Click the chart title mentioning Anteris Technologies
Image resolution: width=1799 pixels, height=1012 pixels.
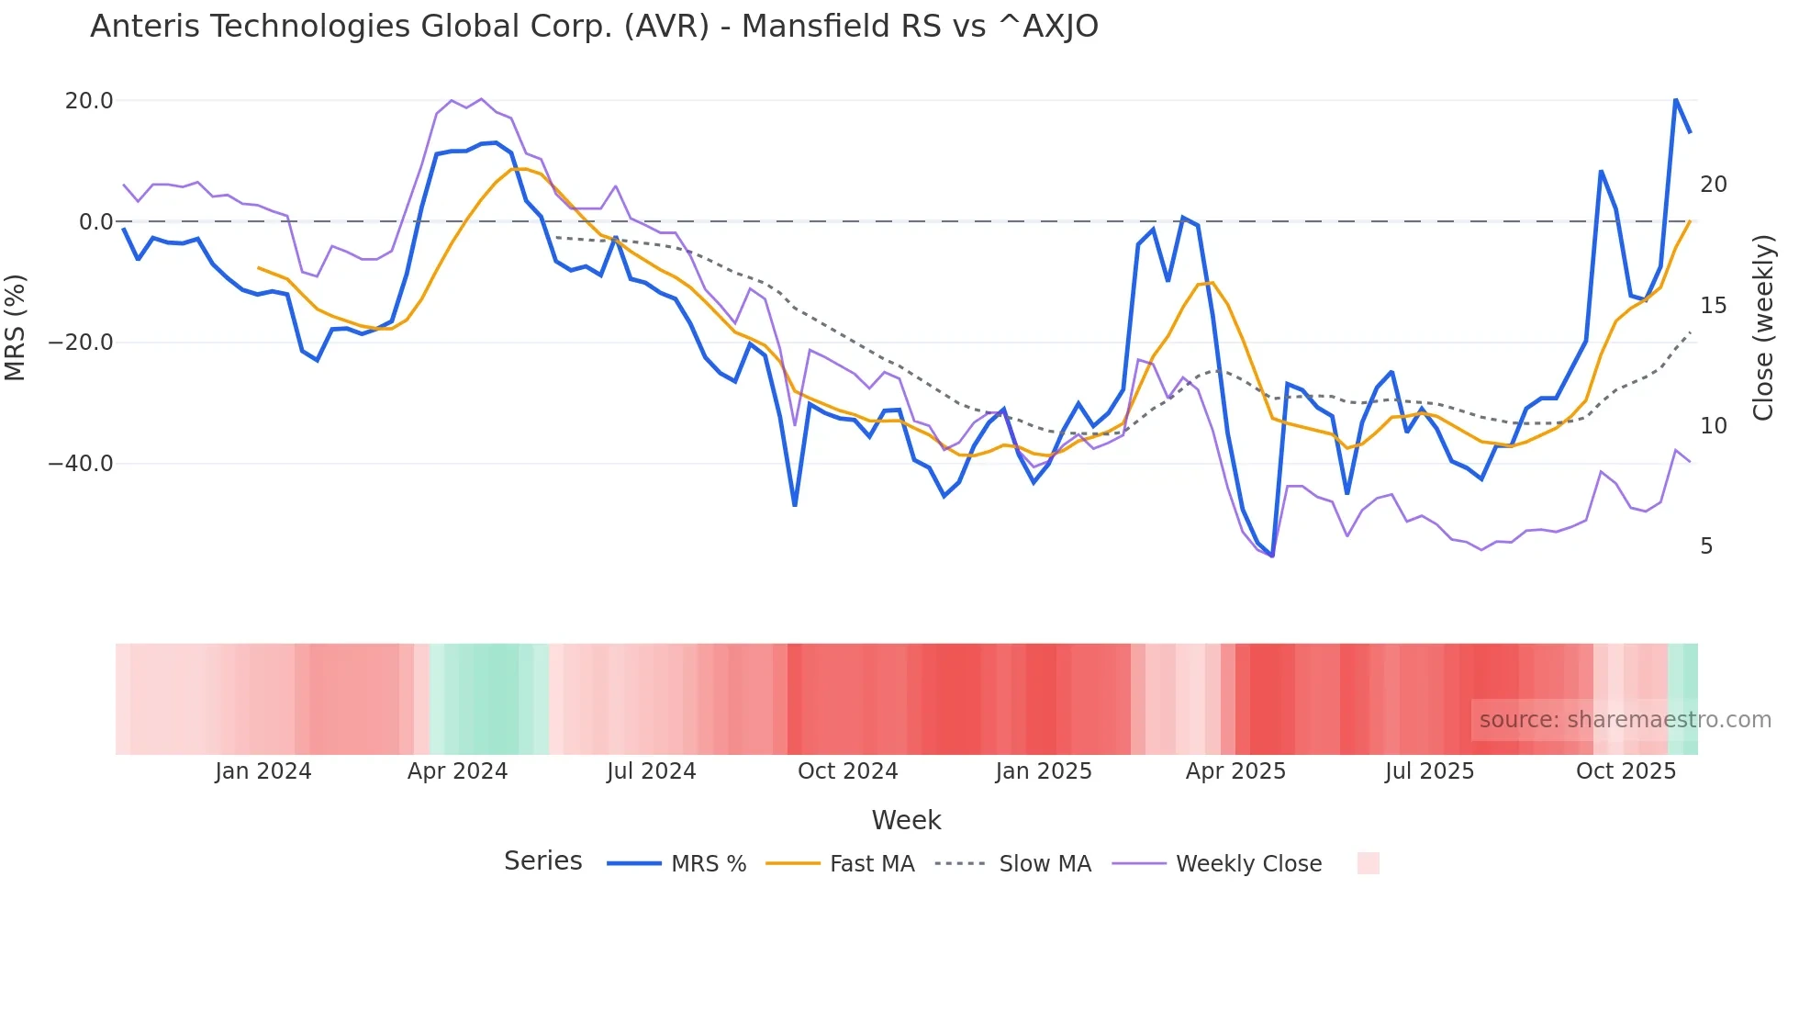(594, 27)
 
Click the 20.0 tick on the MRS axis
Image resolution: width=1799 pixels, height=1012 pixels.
(89, 101)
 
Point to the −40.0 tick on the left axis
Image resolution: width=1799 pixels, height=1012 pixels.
(81, 464)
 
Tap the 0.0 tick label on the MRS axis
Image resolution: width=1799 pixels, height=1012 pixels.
(95, 222)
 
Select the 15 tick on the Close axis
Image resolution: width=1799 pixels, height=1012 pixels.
(1713, 306)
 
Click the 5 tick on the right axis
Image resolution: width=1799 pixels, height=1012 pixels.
(1706, 546)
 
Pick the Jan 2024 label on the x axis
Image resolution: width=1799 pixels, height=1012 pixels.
(263, 771)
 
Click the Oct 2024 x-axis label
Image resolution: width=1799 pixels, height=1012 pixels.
(847, 771)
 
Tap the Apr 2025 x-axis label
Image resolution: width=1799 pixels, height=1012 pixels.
(1235, 771)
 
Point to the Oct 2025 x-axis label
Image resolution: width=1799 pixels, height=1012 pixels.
(1626, 771)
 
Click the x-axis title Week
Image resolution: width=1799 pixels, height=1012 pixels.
(906, 820)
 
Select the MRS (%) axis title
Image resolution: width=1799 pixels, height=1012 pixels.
(16, 327)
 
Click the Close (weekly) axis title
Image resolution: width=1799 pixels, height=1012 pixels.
(1763, 328)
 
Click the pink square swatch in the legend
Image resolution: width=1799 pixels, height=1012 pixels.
(1368, 863)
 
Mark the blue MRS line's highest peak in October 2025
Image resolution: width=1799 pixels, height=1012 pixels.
(1675, 99)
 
